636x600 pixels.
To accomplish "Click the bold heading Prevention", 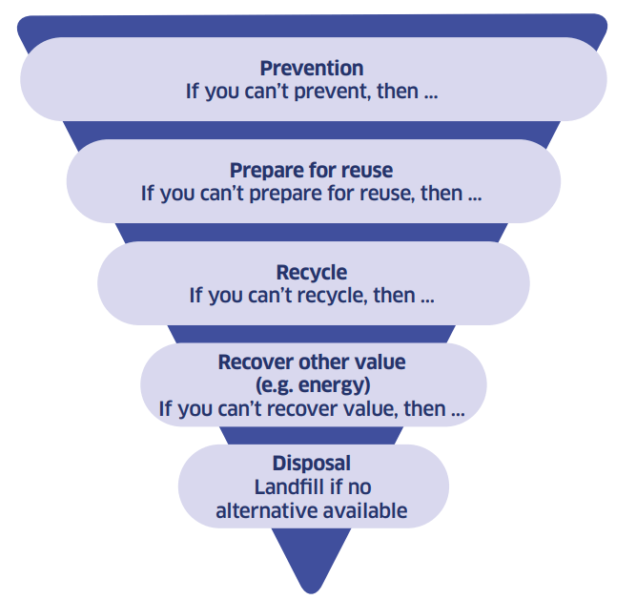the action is point(312,68).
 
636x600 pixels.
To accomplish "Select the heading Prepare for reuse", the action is point(311,171).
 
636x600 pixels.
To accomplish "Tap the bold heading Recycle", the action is point(312,273).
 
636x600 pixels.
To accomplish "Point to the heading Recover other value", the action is point(312,362).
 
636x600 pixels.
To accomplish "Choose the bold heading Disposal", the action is point(312,464).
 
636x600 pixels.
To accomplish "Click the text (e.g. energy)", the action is point(313,385).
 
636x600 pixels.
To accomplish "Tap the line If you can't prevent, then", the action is point(312,92).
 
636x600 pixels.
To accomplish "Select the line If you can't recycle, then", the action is point(312,296).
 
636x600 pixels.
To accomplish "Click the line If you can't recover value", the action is point(312,409).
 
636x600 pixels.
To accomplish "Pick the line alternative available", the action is point(312,511).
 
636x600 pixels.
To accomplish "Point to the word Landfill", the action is point(289,487).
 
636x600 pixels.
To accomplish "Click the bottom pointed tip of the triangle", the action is point(312,592).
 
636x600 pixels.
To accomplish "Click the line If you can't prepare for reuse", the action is point(312,194).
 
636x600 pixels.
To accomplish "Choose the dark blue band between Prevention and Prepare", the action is point(312,131).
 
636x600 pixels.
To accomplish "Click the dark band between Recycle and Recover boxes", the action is point(312,334).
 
